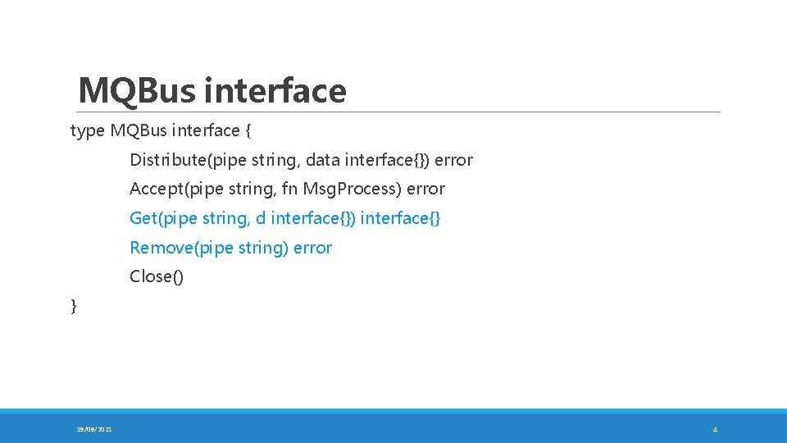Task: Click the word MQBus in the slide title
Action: pyautogui.click(x=136, y=90)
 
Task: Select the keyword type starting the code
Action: pyautogui.click(x=88, y=130)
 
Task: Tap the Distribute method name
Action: pyautogui.click(x=168, y=160)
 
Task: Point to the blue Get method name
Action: pyautogui.click(x=143, y=218)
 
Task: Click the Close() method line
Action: pyautogui.click(x=157, y=276)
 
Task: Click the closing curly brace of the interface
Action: pyautogui.click(x=74, y=306)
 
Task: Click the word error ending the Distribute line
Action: pyautogui.click(x=453, y=160)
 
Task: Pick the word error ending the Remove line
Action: pyautogui.click(x=312, y=248)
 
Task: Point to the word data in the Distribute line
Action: pyautogui.click(x=323, y=160)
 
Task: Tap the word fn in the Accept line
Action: pyautogui.click(x=289, y=189)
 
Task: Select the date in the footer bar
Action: pyautogui.click(x=95, y=429)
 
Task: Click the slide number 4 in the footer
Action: pyautogui.click(x=715, y=429)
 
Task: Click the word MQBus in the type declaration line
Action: pyautogui.click(x=138, y=130)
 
